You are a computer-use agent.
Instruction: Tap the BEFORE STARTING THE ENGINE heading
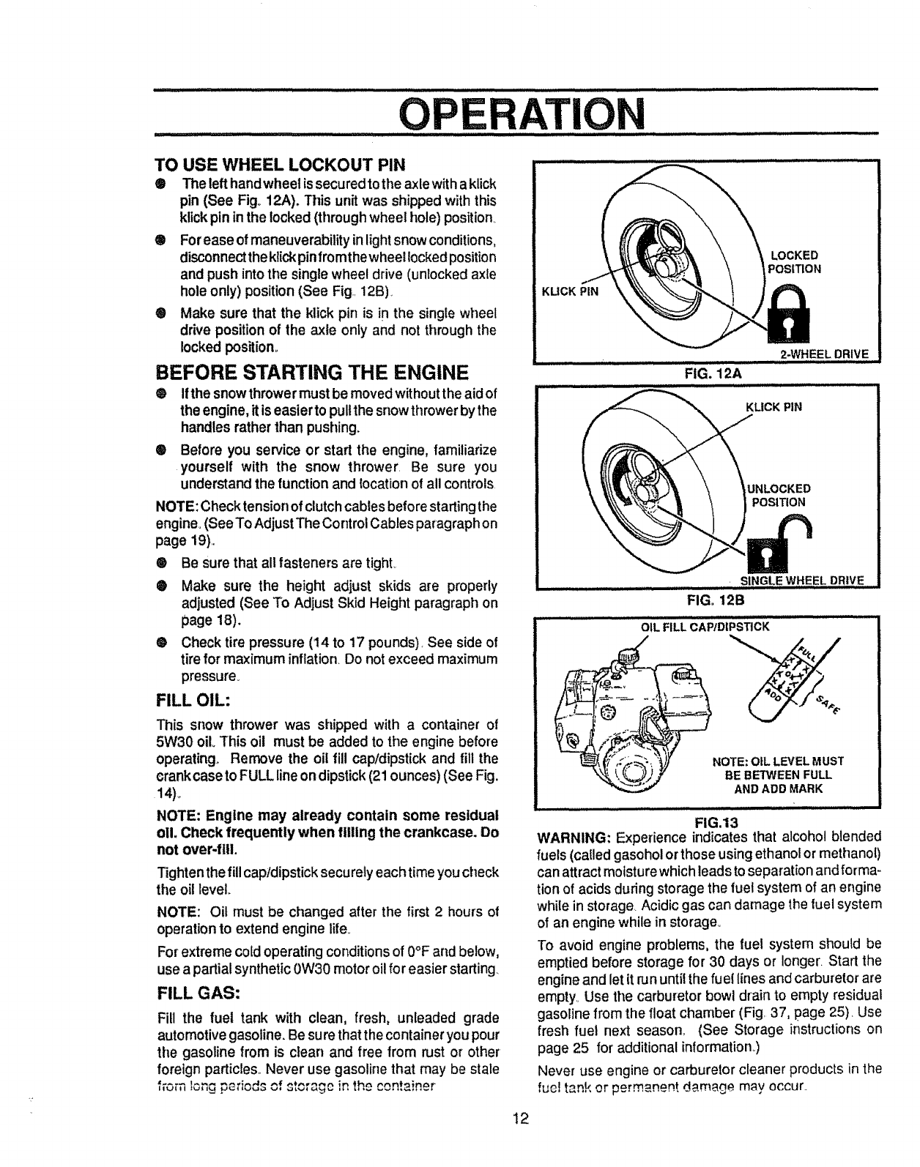(x=311, y=373)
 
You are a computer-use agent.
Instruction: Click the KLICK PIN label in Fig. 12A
(x=569, y=291)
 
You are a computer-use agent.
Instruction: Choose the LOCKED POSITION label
(x=793, y=261)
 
